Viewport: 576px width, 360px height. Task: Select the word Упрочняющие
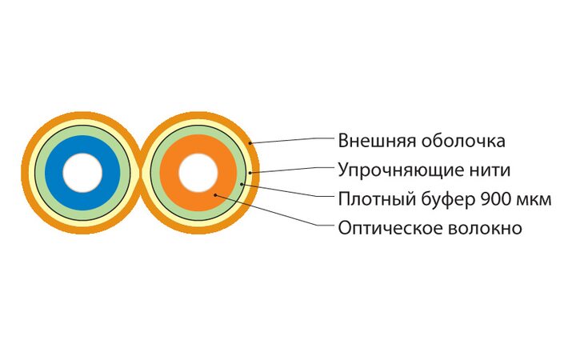(x=394, y=170)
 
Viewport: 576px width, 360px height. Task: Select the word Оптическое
(x=386, y=228)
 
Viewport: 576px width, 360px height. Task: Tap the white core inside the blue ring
(x=83, y=173)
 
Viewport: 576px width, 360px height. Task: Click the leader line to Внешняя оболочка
(x=292, y=140)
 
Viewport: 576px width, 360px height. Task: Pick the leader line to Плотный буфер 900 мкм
(x=288, y=193)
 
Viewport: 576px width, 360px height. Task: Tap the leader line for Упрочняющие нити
(x=292, y=170)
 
